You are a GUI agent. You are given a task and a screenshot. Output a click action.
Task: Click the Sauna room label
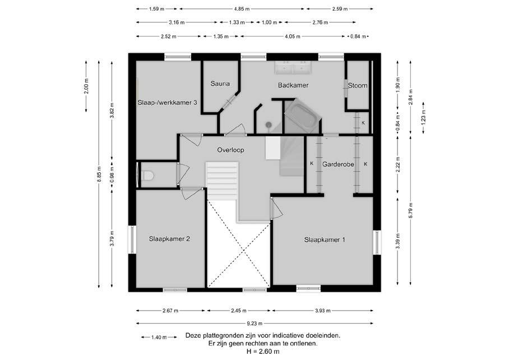tap(220, 84)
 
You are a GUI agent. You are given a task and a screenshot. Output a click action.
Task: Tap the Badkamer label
tap(293, 85)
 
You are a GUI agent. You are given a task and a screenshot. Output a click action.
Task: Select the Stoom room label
tap(358, 85)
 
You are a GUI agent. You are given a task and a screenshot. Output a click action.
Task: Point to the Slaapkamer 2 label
tap(169, 238)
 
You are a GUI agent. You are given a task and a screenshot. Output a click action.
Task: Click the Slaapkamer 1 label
tap(325, 239)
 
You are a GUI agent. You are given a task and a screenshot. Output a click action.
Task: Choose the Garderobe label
tap(338, 164)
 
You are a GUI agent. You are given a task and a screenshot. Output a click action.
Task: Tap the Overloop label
tap(230, 150)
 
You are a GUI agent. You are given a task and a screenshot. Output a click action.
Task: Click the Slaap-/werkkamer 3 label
tap(168, 103)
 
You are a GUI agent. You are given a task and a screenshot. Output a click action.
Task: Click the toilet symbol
tap(147, 176)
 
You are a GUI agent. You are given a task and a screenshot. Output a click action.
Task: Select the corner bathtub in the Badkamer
tap(303, 116)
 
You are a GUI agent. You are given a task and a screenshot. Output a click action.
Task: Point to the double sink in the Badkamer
tap(293, 67)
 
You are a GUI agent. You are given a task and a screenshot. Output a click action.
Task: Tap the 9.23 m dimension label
tap(254, 324)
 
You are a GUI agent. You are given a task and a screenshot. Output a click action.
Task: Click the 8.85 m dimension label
tap(99, 174)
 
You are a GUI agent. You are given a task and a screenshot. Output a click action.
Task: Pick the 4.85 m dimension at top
tap(242, 9)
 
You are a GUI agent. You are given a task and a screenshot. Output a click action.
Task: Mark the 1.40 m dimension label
tap(159, 337)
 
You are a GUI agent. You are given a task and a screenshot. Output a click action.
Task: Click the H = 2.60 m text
tap(263, 351)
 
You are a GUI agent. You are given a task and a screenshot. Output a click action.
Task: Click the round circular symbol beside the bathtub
tap(269, 124)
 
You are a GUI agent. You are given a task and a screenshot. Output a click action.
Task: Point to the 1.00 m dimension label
tap(269, 22)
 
